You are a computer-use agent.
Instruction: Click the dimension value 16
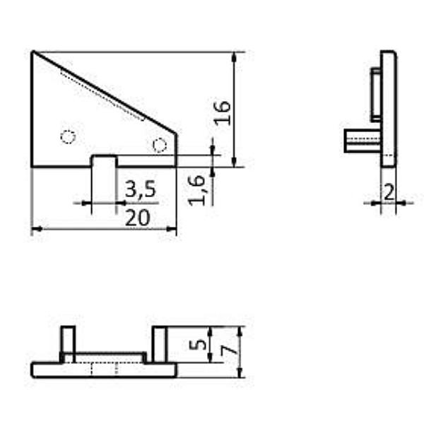pyautogui.click(x=223, y=112)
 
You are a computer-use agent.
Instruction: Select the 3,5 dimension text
pyautogui.click(x=140, y=189)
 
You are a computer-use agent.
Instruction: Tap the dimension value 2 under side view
pyautogui.click(x=388, y=191)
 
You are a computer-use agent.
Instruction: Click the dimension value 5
pyautogui.click(x=201, y=345)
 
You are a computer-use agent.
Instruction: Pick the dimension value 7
pyautogui.click(x=226, y=349)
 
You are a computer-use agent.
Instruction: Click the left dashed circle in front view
pyautogui.click(x=68, y=136)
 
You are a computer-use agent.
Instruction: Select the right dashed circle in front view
pyautogui.click(x=160, y=145)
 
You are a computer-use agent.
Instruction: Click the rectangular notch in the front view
pyautogui.click(x=105, y=161)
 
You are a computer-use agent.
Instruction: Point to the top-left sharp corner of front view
pyautogui.click(x=33, y=52)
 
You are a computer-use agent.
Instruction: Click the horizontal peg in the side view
pyautogui.click(x=362, y=141)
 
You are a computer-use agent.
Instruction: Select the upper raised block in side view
pyautogui.click(x=375, y=93)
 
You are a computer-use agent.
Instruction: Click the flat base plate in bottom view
pyautogui.click(x=104, y=370)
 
